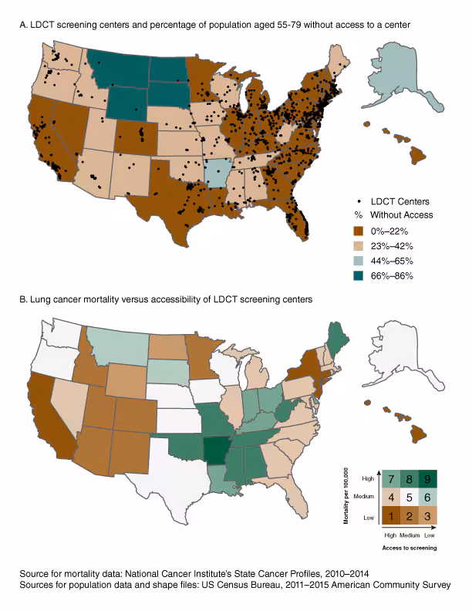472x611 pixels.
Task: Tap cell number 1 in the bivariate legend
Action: (x=392, y=512)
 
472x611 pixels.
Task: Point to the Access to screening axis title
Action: (x=408, y=546)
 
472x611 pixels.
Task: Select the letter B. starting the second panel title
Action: (x=24, y=299)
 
